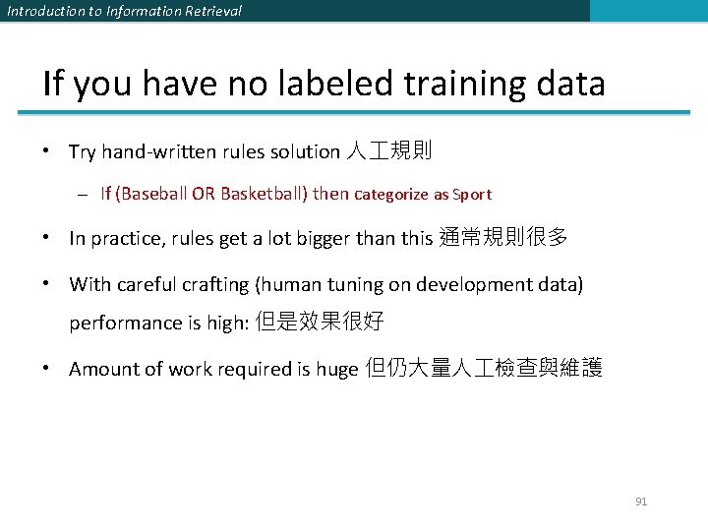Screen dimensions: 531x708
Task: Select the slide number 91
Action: click(641, 501)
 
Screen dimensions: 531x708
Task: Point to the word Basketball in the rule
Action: click(263, 194)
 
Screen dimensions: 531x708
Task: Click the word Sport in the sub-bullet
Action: click(473, 195)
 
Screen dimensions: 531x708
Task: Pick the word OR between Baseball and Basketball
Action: click(204, 194)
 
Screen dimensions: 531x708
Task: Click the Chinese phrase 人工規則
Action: click(390, 151)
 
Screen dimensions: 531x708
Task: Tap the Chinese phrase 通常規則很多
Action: click(502, 238)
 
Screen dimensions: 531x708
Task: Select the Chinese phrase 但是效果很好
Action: click(320, 323)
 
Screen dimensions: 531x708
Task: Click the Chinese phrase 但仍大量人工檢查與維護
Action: click(483, 369)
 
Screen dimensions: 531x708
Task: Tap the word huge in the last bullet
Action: click(337, 370)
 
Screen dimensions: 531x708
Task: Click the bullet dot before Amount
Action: click(47, 369)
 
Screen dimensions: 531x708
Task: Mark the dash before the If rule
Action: click(88, 195)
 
